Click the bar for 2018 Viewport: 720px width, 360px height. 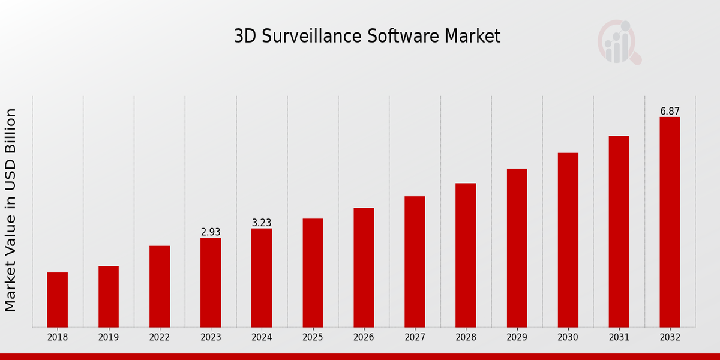(x=58, y=299)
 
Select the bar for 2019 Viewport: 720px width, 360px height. (x=109, y=296)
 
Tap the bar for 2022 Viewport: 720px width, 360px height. (x=160, y=286)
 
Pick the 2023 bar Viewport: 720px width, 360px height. (x=211, y=282)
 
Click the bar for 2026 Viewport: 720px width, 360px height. (x=364, y=267)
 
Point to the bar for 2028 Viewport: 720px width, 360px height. (x=466, y=255)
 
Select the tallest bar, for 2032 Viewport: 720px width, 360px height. (x=670, y=222)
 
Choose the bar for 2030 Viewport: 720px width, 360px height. (x=568, y=240)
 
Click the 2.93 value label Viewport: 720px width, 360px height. (x=211, y=232)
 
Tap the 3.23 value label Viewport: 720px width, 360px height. (x=262, y=223)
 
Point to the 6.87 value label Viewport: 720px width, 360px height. (x=670, y=112)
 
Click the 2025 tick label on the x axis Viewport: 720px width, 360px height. (x=313, y=338)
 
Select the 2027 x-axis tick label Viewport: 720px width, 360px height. (x=415, y=338)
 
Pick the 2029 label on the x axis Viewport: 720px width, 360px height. (x=517, y=338)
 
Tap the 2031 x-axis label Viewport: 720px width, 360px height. (x=619, y=338)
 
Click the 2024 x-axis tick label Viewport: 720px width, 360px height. (x=262, y=338)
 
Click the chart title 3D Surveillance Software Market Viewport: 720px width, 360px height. (x=367, y=37)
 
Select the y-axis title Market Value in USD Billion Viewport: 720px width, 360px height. (x=11, y=210)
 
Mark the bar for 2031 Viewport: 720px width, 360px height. (x=619, y=232)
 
